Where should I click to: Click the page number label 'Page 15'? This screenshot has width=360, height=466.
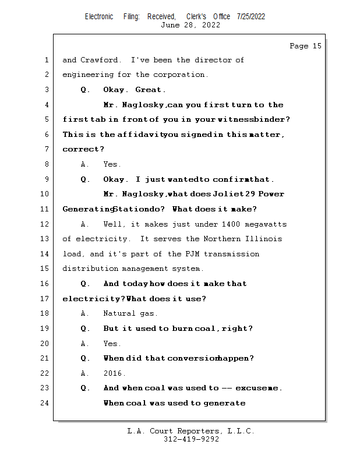(305, 46)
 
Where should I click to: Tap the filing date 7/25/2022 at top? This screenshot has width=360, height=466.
(251, 16)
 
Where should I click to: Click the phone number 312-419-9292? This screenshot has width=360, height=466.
(191, 439)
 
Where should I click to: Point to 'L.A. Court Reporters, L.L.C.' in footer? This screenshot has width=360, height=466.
(191, 431)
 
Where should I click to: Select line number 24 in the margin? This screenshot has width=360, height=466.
(45, 403)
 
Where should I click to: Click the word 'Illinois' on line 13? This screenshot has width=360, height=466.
(264, 239)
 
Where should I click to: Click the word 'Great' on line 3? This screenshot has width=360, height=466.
(150, 90)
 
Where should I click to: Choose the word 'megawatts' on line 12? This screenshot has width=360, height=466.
(265, 224)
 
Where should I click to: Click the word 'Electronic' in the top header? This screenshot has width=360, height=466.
(99, 16)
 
